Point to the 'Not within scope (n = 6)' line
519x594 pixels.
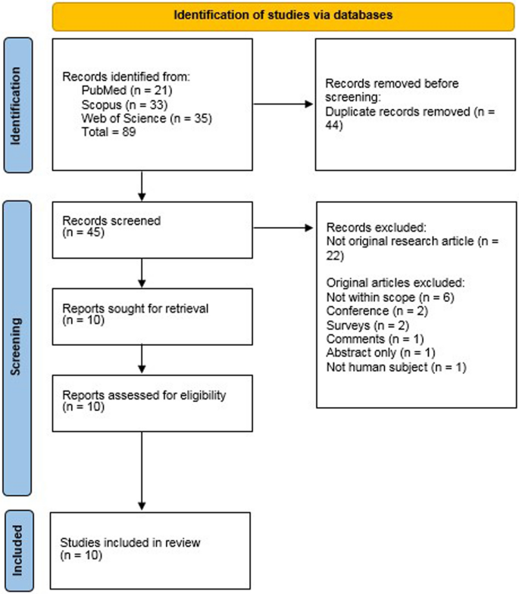click(x=379, y=297)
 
